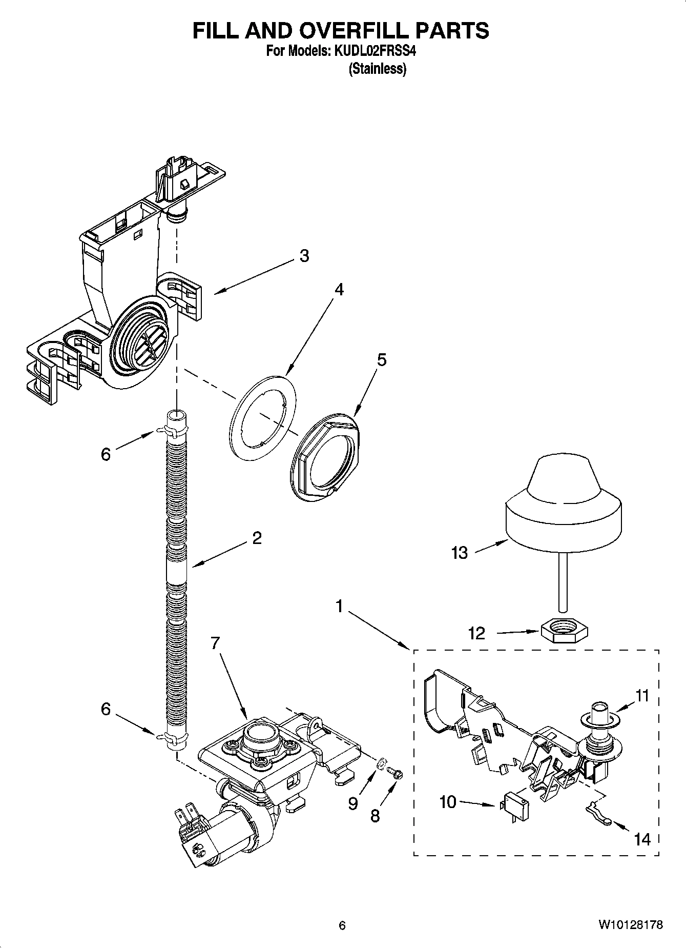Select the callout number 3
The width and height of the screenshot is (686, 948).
pos(304,256)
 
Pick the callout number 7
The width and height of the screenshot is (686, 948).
pos(215,643)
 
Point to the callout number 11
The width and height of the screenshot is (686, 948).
pos(641,696)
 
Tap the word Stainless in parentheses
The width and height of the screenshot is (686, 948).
pos(378,69)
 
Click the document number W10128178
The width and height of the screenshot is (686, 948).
pos(630,925)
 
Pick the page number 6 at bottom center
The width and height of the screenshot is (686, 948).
pos(342,925)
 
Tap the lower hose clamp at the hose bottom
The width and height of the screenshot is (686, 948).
pos(172,738)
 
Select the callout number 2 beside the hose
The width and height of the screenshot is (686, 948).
pos(257,538)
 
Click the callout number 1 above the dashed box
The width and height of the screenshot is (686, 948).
pos(339,607)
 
